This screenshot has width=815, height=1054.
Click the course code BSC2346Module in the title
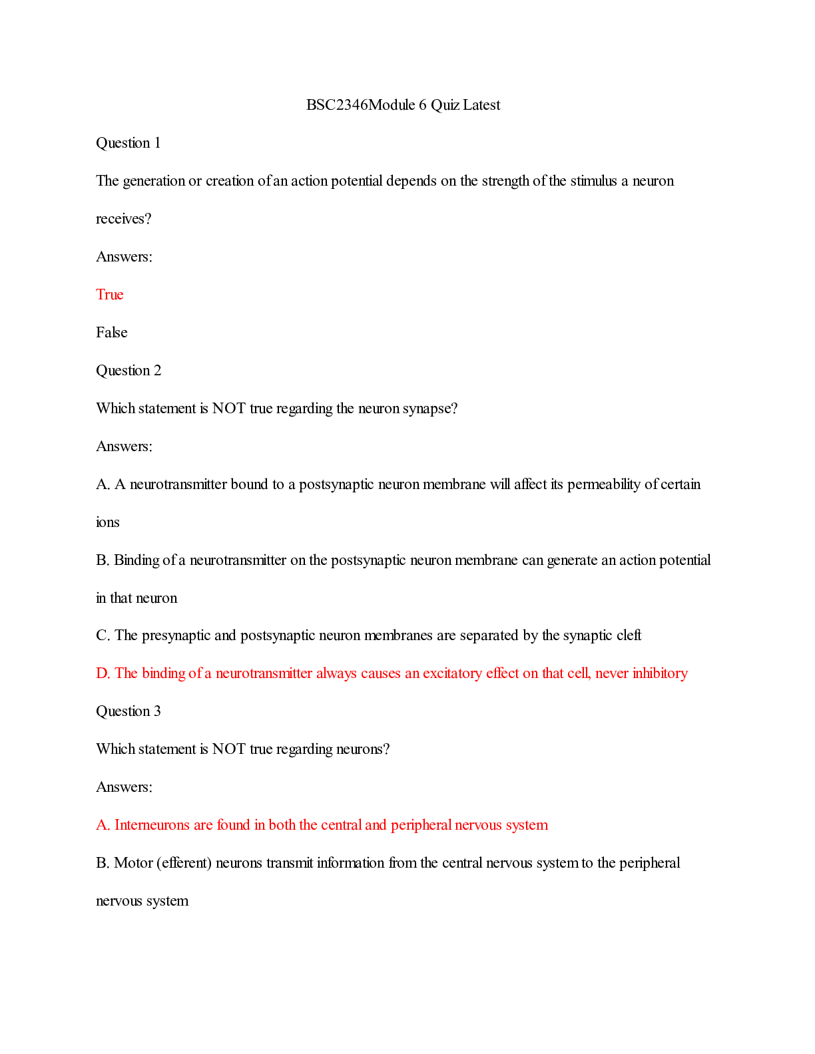(x=360, y=105)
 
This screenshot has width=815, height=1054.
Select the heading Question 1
(x=129, y=143)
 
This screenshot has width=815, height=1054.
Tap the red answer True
(x=110, y=295)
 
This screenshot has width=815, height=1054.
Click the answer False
(x=112, y=333)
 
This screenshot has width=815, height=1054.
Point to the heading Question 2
(x=129, y=371)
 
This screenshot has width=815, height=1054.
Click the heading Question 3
(x=129, y=711)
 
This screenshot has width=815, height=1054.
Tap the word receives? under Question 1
(x=124, y=219)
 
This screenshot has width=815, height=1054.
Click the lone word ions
(x=108, y=522)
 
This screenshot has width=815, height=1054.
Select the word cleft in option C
(x=629, y=635)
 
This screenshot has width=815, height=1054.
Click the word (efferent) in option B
(x=184, y=863)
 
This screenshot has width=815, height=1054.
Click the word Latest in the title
(x=481, y=105)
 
